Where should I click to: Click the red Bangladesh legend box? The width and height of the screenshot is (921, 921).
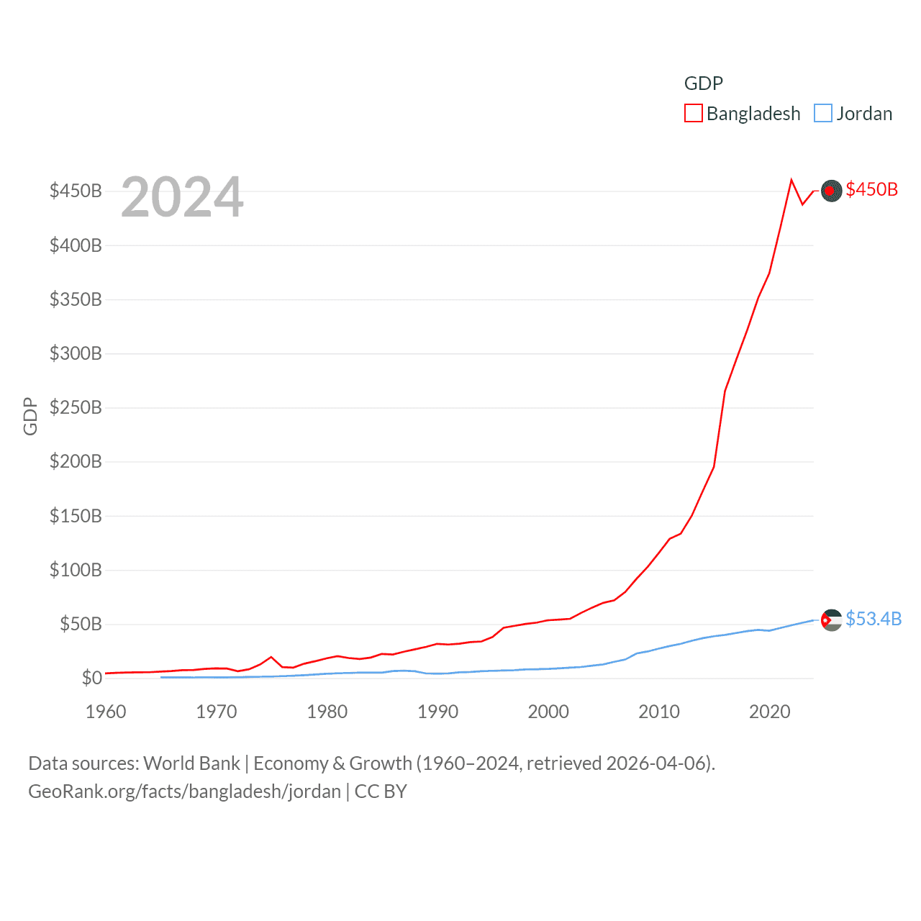click(x=693, y=114)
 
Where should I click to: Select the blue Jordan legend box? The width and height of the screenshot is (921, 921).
click(x=822, y=114)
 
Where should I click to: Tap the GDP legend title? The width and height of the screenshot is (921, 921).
click(x=703, y=83)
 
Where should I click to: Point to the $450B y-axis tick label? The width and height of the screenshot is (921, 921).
click(x=76, y=191)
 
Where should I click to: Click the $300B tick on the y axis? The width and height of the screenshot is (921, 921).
click(x=76, y=353)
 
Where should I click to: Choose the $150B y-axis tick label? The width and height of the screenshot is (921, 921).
click(x=76, y=516)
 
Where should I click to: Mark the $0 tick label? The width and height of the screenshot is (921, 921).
click(x=91, y=678)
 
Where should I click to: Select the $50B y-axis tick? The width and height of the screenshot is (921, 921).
click(x=81, y=624)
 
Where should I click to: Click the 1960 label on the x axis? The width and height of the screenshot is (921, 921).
click(x=106, y=712)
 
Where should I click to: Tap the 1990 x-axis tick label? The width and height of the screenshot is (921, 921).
click(x=437, y=712)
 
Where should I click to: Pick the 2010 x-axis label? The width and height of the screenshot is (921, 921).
click(x=659, y=712)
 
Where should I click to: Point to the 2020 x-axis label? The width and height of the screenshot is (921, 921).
click(x=770, y=712)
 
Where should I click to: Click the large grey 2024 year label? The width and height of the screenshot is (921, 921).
click(x=182, y=197)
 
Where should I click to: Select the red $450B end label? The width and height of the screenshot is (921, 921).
click(x=871, y=189)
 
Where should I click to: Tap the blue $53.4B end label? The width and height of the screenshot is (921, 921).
click(x=874, y=619)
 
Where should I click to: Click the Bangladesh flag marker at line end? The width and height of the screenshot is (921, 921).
click(x=831, y=191)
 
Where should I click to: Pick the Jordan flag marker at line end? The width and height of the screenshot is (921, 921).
click(x=831, y=620)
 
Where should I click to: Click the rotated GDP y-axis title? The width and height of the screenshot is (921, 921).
click(x=30, y=416)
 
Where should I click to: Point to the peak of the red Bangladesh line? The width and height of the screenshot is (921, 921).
click(x=791, y=180)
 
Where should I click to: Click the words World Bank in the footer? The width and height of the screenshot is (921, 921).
click(x=192, y=763)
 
